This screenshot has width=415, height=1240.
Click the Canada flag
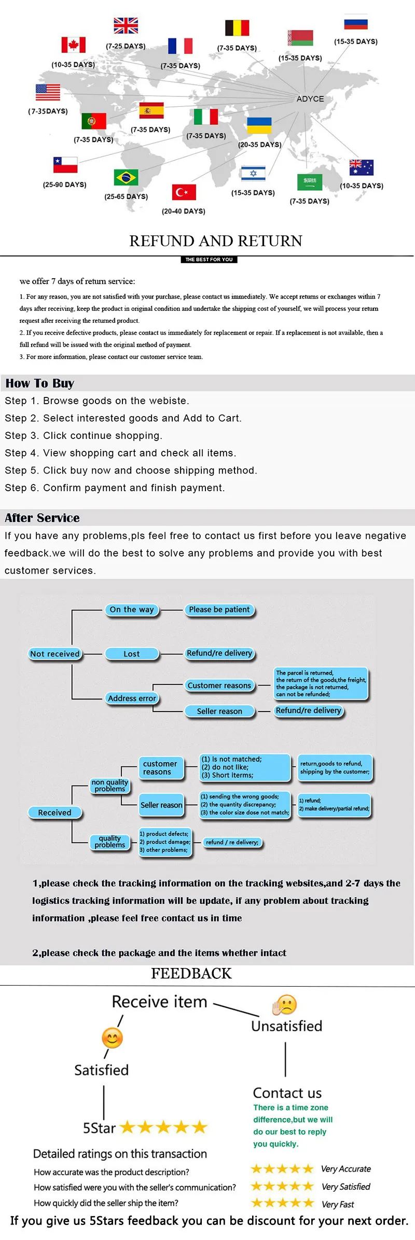point(73,45)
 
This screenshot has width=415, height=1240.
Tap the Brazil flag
point(126,177)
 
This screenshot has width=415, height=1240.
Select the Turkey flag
point(184,192)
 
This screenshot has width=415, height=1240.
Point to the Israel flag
point(253,173)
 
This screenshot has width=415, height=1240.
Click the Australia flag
point(362,167)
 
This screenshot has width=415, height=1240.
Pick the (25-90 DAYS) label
point(65,184)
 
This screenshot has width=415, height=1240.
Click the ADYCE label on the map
point(310,99)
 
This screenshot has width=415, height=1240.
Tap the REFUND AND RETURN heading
point(215,241)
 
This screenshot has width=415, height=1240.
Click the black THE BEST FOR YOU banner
point(209,260)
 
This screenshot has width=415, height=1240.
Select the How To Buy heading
point(40,383)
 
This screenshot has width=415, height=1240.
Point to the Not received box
point(55,654)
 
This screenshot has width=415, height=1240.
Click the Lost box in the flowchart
point(132,654)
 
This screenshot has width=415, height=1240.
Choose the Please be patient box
point(219,610)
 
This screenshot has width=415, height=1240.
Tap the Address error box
point(132,699)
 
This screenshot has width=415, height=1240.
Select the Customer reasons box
point(219,686)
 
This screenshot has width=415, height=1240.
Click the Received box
point(54,813)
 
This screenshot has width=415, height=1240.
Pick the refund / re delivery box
point(232,842)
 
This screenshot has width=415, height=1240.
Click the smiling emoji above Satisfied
point(112,1038)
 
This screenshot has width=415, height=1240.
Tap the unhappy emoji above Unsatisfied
point(284,1005)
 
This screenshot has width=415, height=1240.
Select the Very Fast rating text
point(338,1204)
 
